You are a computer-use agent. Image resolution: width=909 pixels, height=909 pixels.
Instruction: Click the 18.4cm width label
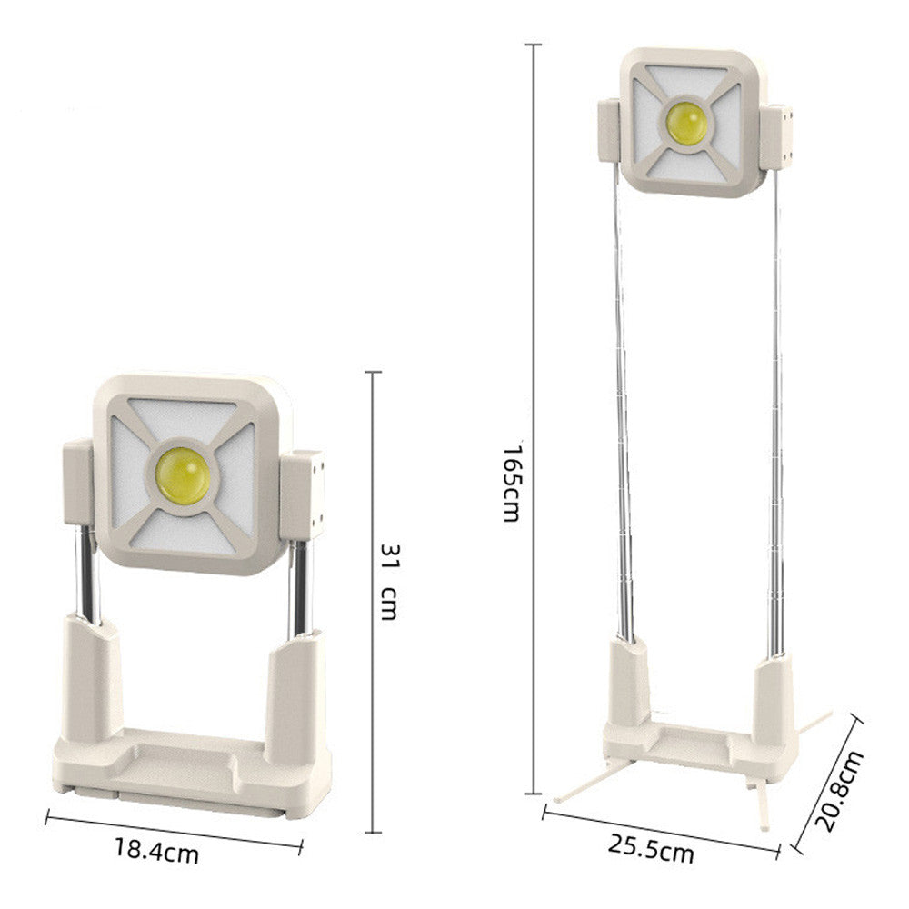156,851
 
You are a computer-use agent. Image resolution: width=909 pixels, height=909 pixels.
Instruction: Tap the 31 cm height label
389,582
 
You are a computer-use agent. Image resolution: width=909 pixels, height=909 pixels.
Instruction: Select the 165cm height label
513,484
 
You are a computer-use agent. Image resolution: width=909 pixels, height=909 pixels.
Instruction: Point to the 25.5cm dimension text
651,848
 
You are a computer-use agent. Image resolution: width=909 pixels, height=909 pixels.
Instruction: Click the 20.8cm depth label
839,792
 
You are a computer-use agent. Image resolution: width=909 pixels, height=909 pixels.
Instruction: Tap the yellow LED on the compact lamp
184,475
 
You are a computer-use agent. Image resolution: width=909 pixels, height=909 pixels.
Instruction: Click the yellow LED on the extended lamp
686,124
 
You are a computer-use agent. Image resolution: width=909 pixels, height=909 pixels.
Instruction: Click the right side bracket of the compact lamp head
302,494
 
